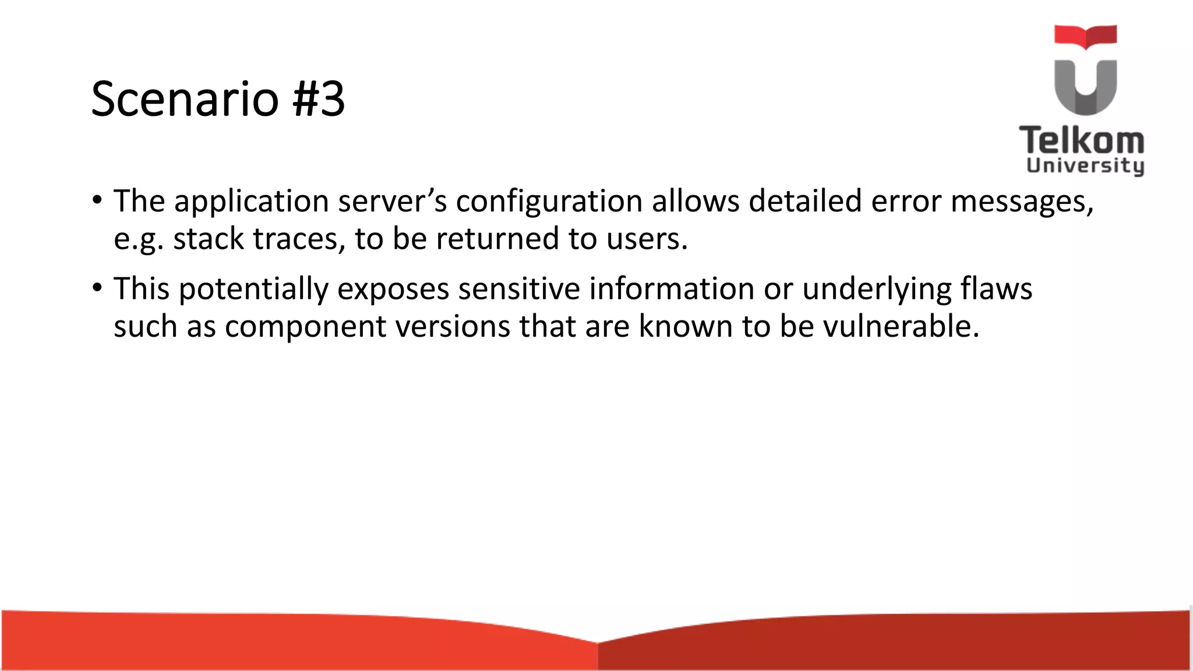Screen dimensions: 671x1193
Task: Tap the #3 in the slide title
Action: click(x=318, y=98)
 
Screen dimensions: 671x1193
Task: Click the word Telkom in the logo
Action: click(x=1082, y=140)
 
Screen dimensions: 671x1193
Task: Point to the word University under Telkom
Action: click(x=1085, y=166)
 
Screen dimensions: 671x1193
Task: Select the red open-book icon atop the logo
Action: click(x=1085, y=36)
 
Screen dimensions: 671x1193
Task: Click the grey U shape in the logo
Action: click(x=1085, y=87)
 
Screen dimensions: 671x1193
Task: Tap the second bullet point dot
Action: click(x=97, y=288)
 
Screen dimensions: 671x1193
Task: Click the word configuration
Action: click(x=549, y=202)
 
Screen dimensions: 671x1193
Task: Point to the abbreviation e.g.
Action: click(x=138, y=239)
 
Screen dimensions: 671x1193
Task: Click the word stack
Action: click(x=209, y=239)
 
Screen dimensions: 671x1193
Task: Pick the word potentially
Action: click(x=253, y=289)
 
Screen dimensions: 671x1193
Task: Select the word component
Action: click(x=305, y=327)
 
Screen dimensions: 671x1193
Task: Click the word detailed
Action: click(x=804, y=202)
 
